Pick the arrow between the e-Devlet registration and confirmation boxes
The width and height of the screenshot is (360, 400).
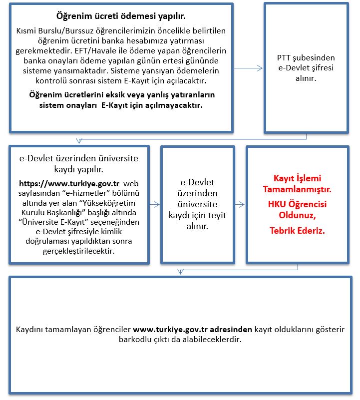(154, 204)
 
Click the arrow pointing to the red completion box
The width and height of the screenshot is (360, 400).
(240, 204)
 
